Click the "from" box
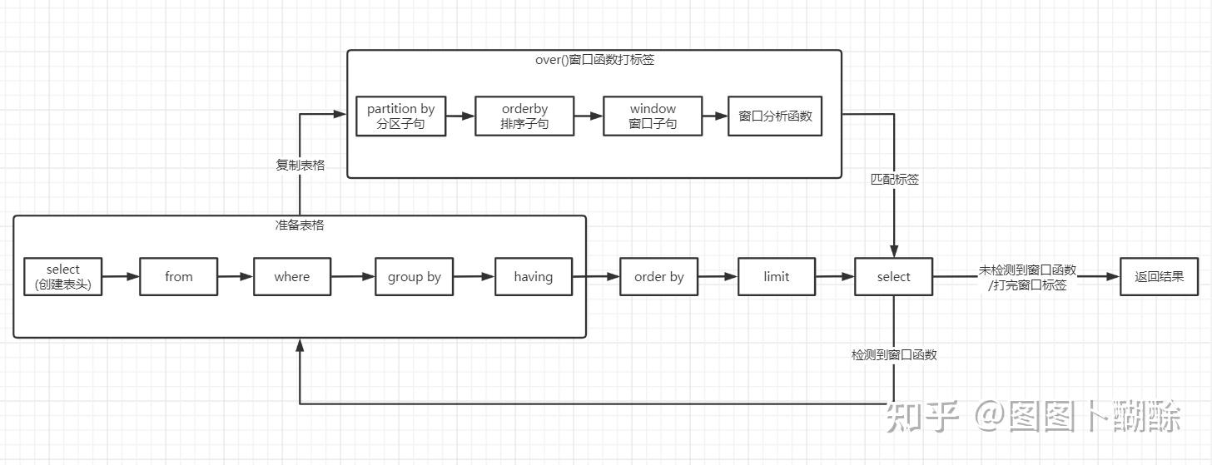click(178, 277)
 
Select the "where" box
click(291, 277)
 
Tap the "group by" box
click(414, 277)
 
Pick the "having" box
click(533, 277)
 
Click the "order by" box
click(658, 277)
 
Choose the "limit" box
click(776, 277)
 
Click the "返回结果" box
click(1159, 277)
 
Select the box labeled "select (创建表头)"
click(63, 277)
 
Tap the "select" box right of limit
click(893, 277)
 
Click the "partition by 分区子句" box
click(400, 116)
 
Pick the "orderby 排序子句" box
click(524, 116)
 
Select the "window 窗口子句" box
click(653, 116)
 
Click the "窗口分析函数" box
click(774, 116)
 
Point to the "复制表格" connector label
click(300, 166)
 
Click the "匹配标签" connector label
click(894, 180)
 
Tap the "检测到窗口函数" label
click(894, 355)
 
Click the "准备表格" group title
click(299, 225)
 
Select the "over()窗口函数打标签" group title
click(594, 60)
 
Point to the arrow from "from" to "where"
click(235, 277)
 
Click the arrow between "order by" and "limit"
click(718, 277)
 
